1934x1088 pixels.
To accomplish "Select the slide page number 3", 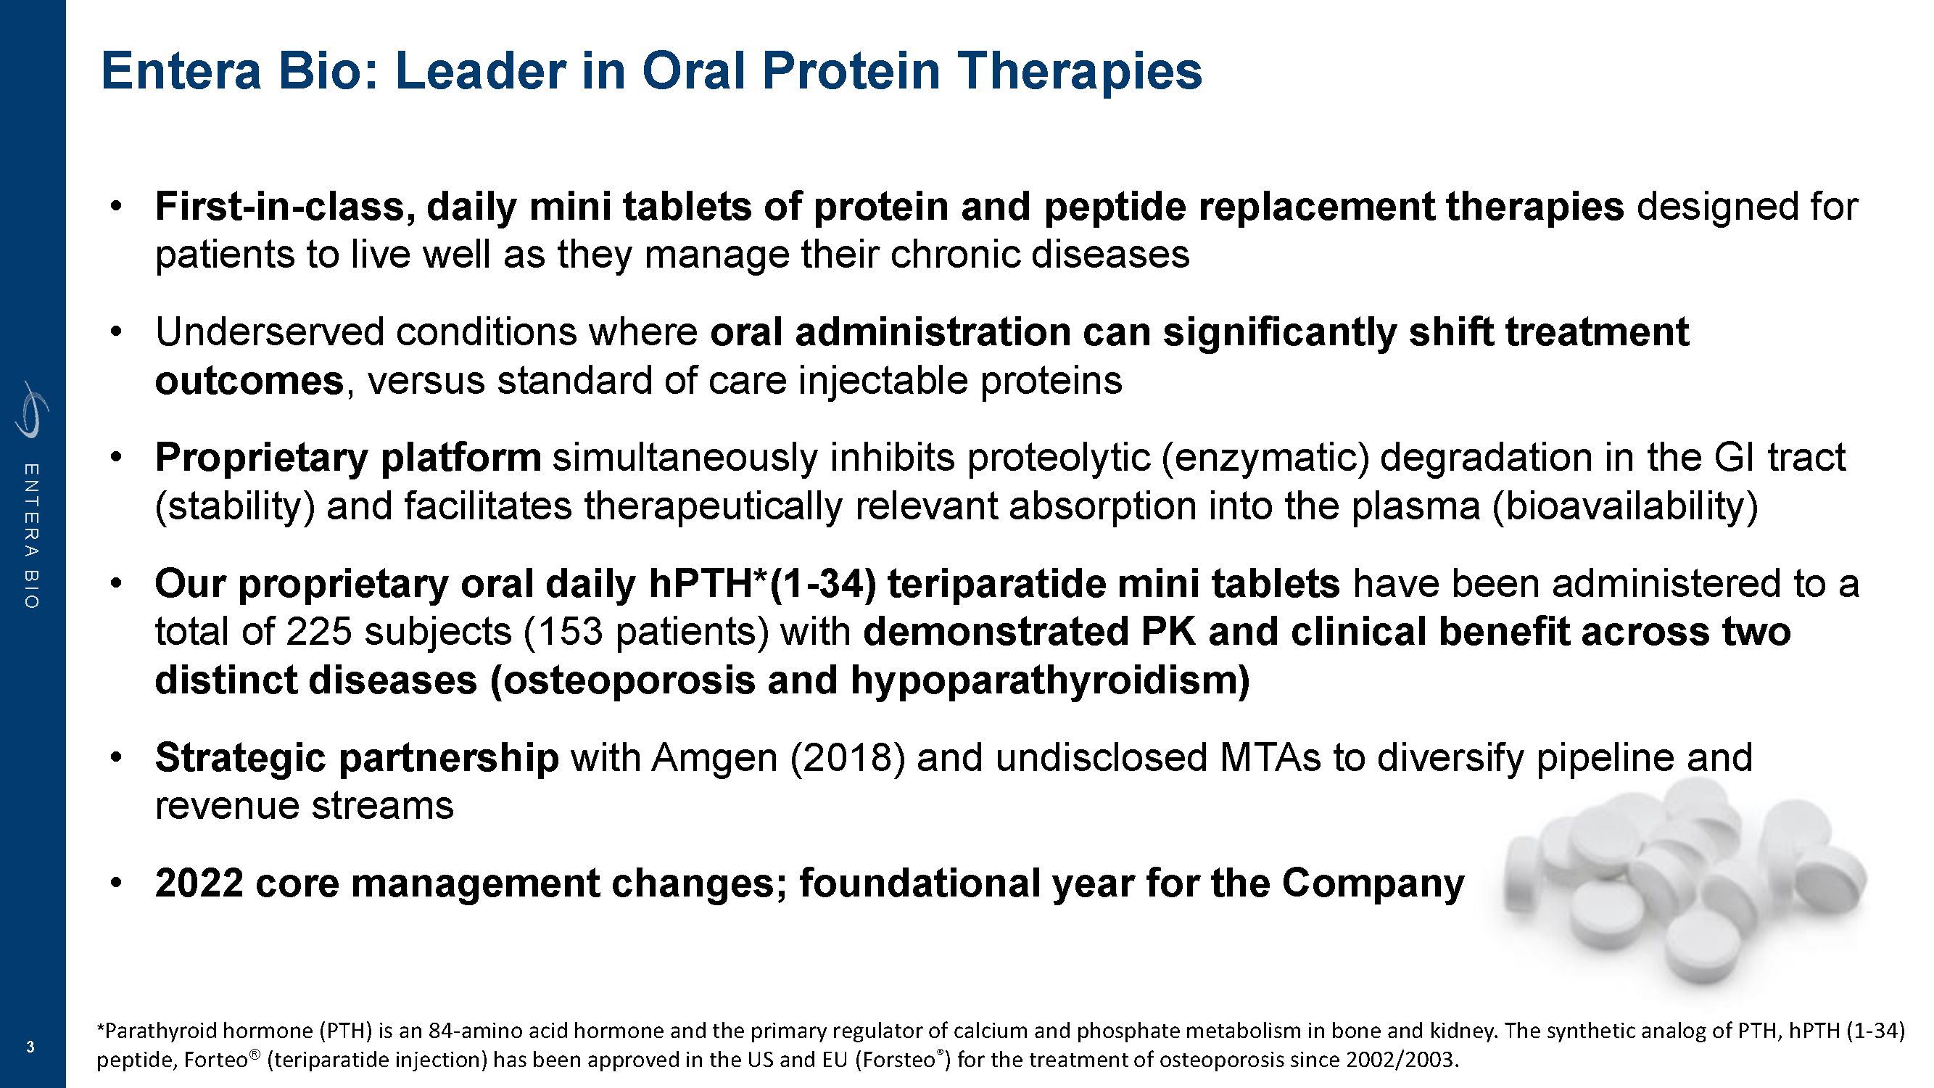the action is (30, 1047).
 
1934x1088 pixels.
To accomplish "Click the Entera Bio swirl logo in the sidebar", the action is (31, 409).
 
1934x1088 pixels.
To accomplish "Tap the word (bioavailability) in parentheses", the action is (1624, 507).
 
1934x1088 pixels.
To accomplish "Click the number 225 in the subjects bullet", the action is (319, 632).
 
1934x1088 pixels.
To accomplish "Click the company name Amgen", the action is (714, 758).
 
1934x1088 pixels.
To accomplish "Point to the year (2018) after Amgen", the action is (847, 758).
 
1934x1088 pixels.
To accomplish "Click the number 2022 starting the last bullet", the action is (199, 883).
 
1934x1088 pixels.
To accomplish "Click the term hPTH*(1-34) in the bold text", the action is (762, 584).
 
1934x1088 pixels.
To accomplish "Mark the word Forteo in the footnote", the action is (221, 1060).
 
